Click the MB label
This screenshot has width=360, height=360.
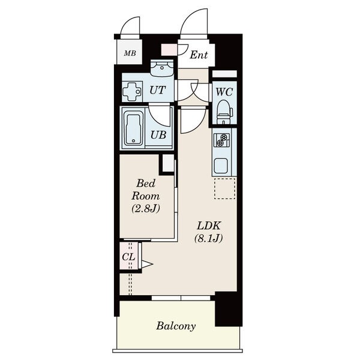coord(130,53)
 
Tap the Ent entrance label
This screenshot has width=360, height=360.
coord(199,55)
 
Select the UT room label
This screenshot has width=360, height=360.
coord(157,90)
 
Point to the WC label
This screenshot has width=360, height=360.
coord(224,92)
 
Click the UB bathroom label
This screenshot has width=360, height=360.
coord(158,135)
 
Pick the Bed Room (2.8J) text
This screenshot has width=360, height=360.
coord(146,196)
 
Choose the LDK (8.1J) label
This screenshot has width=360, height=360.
coord(209,232)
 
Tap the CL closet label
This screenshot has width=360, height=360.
coord(128,257)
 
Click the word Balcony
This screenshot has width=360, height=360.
coord(176,326)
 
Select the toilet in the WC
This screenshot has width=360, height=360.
coord(223,113)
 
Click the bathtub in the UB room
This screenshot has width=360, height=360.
coord(133,128)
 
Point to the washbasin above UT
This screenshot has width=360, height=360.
coord(162,68)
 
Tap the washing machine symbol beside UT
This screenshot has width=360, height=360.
coord(132,92)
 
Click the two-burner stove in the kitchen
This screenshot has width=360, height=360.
coord(221,140)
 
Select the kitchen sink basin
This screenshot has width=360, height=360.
coord(221,166)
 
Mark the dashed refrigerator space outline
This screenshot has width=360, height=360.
coord(225,188)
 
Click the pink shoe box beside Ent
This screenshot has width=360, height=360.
coord(169,50)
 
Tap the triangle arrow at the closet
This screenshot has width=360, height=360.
coord(147,264)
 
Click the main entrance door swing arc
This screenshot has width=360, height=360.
coord(189,18)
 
